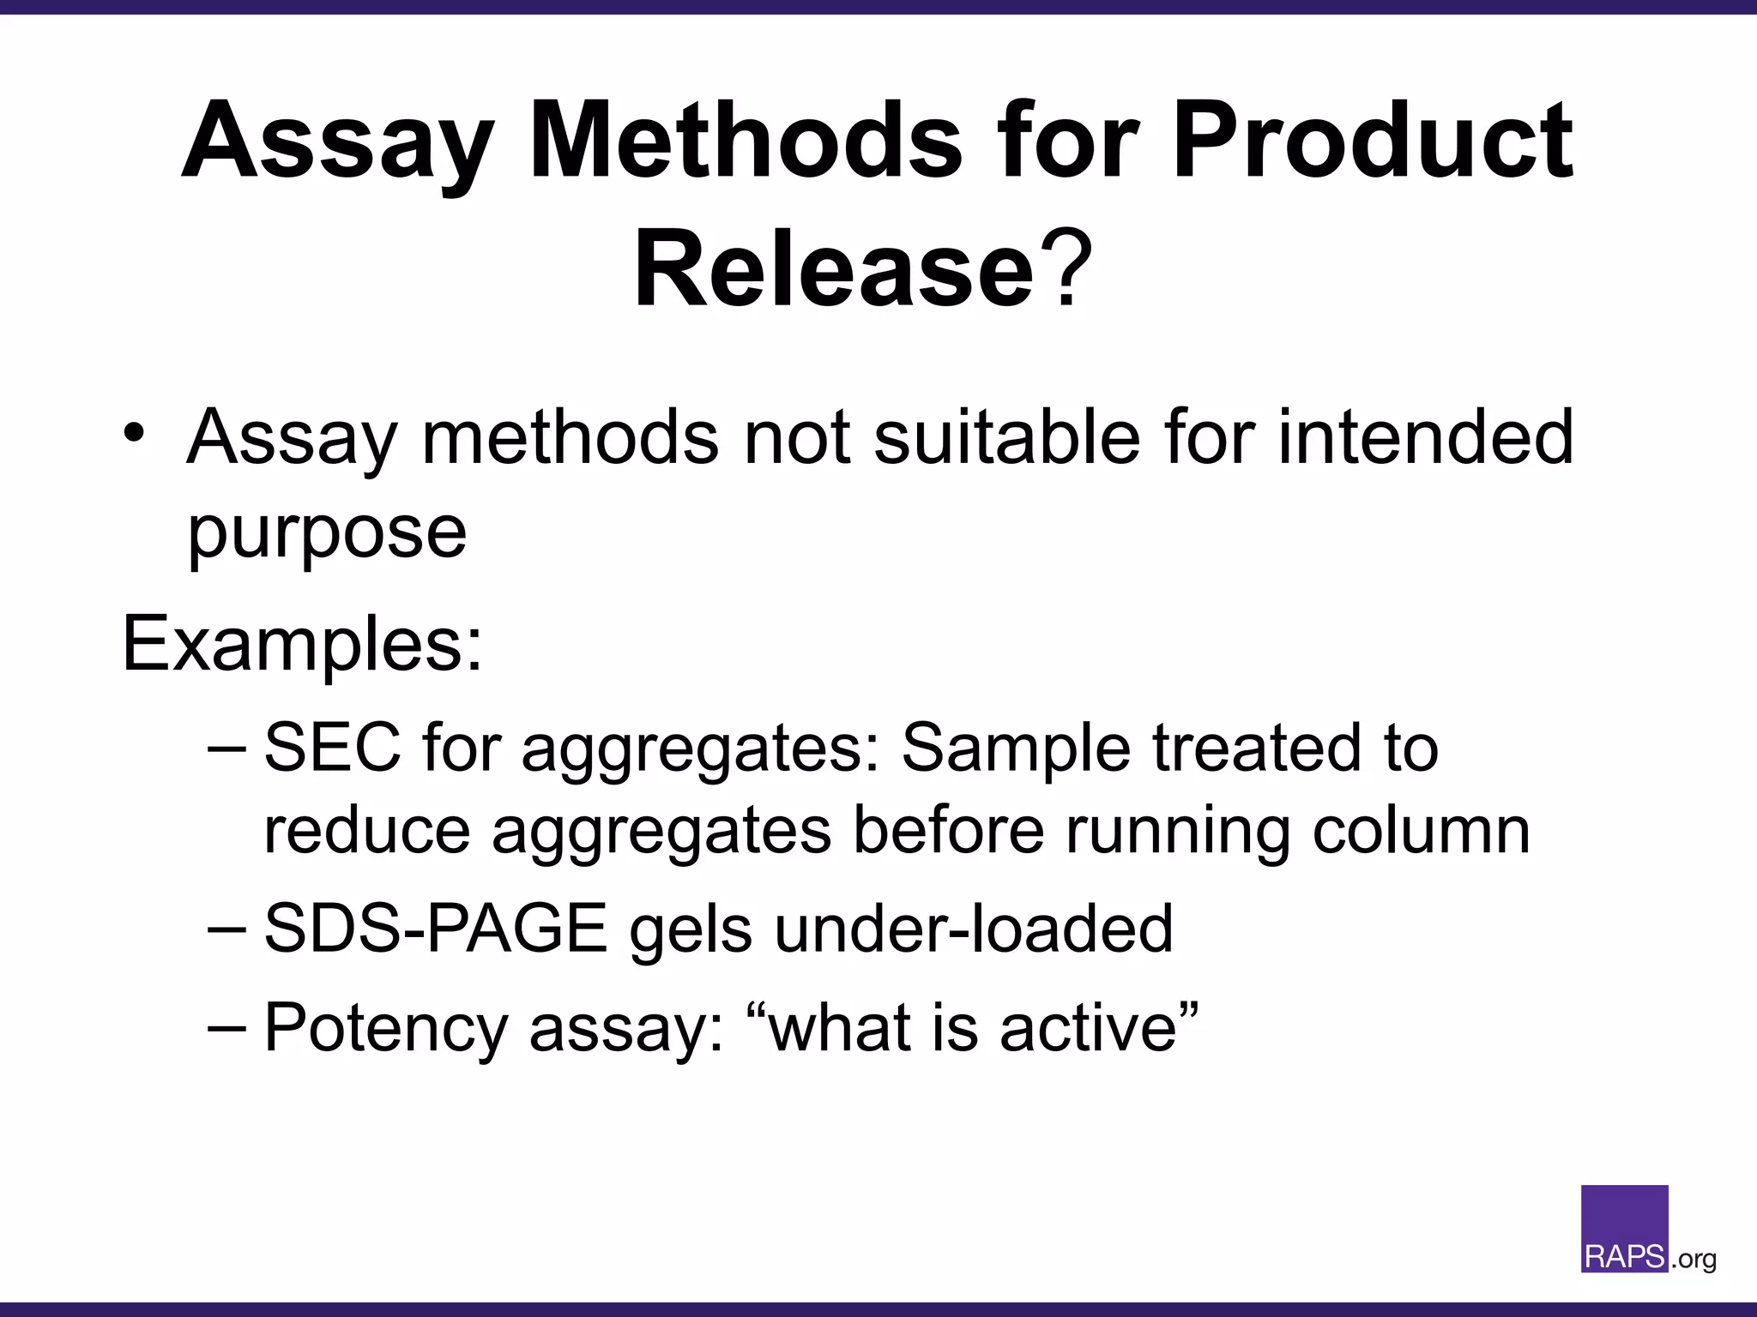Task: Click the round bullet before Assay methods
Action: tap(134, 432)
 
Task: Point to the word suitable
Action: tap(1007, 437)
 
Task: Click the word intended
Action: tap(1425, 437)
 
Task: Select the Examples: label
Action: tap(303, 643)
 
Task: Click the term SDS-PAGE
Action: tap(435, 929)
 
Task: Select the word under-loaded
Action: tap(973, 929)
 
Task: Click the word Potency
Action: tap(385, 1027)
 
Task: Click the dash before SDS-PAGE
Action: tap(227, 929)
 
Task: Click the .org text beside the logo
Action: tap(1694, 1260)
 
